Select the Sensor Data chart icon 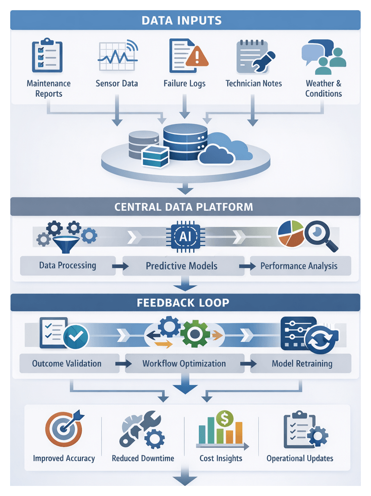tap(117, 56)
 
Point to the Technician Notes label tap(253, 84)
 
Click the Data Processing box tap(68, 266)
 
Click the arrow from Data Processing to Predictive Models tap(120, 266)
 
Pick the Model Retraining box tap(302, 363)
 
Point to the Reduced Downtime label tap(143, 458)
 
